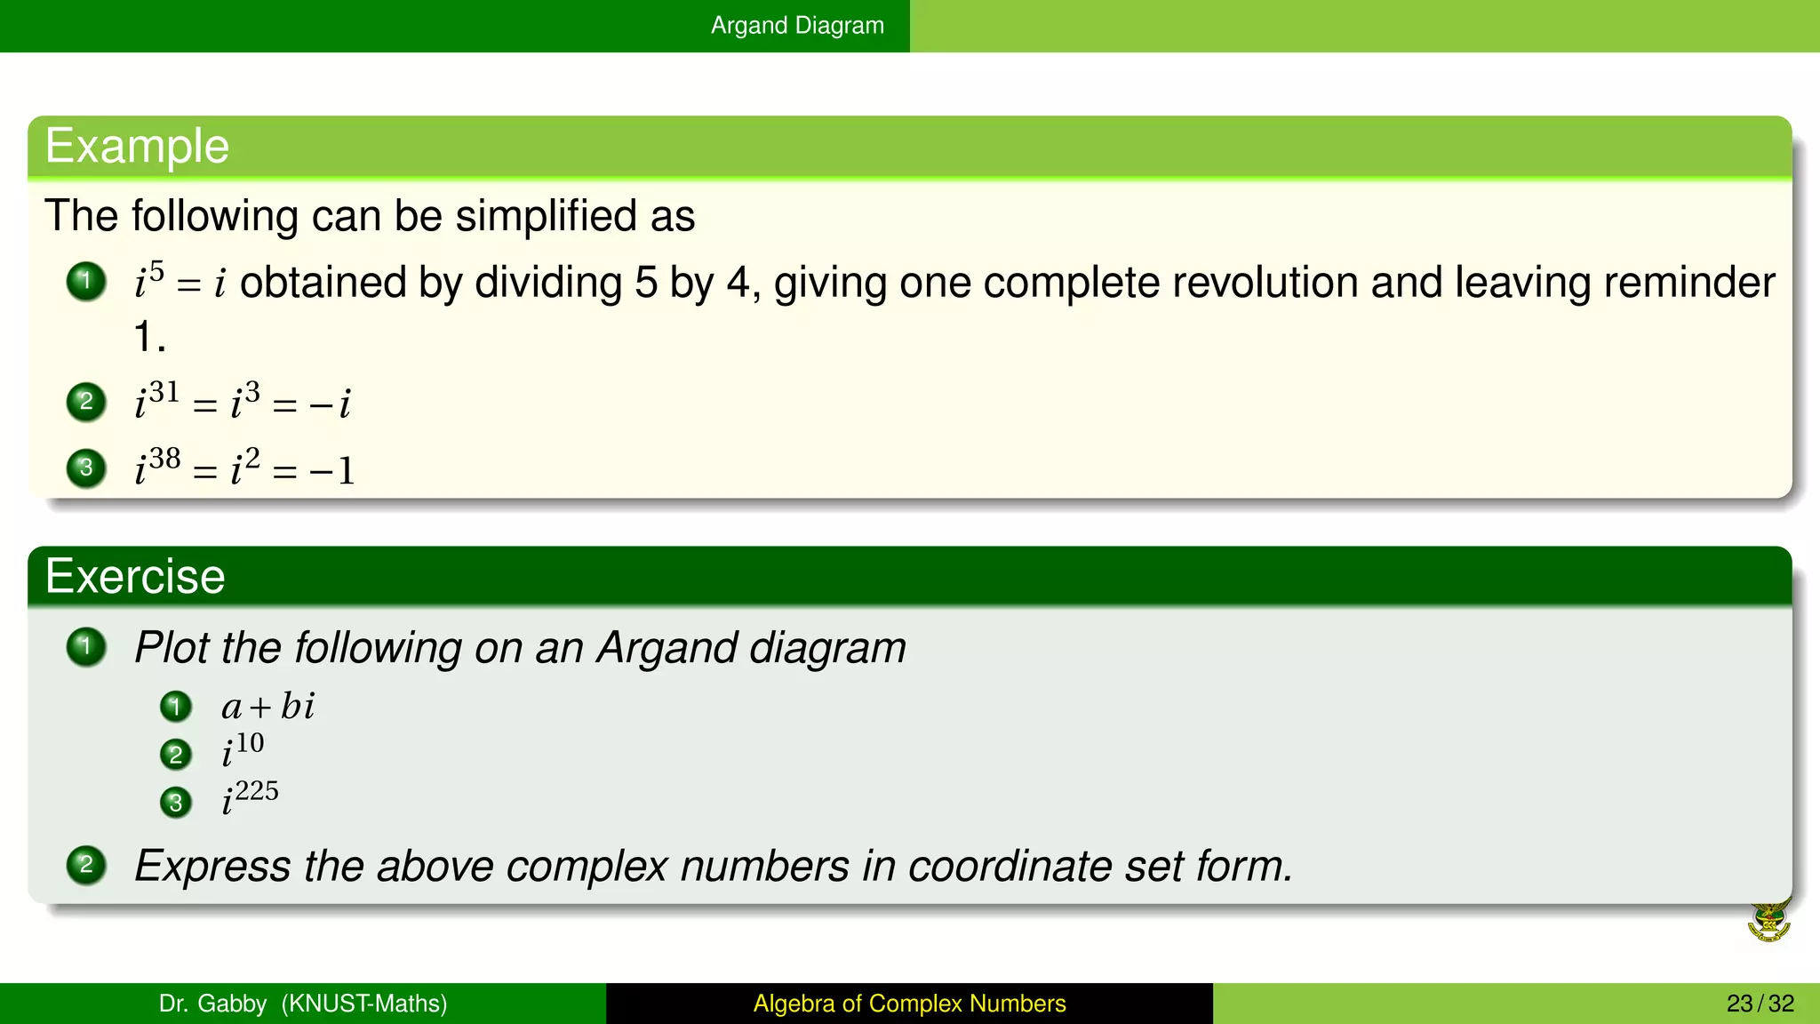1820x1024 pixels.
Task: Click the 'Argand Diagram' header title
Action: pos(797,25)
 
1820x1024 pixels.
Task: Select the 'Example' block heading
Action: pos(137,146)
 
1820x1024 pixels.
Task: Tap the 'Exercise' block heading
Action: pos(135,576)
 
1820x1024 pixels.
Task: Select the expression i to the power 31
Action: pos(156,400)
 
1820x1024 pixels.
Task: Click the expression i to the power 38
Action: pos(157,467)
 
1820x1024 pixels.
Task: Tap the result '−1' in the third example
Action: pos(332,470)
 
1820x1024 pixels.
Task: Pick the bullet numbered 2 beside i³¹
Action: pos(86,401)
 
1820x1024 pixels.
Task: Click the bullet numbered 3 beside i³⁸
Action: pos(86,468)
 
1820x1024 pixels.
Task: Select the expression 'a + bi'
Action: pos(267,707)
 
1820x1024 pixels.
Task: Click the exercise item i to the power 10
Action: pos(243,749)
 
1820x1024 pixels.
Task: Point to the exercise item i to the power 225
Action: pos(250,796)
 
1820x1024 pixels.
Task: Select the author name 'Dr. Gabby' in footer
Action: pos(212,1004)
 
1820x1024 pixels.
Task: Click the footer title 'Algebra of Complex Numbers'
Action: pos(909,1004)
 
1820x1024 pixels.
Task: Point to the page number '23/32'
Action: pos(1760,1004)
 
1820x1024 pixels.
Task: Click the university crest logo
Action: pos(1768,922)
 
